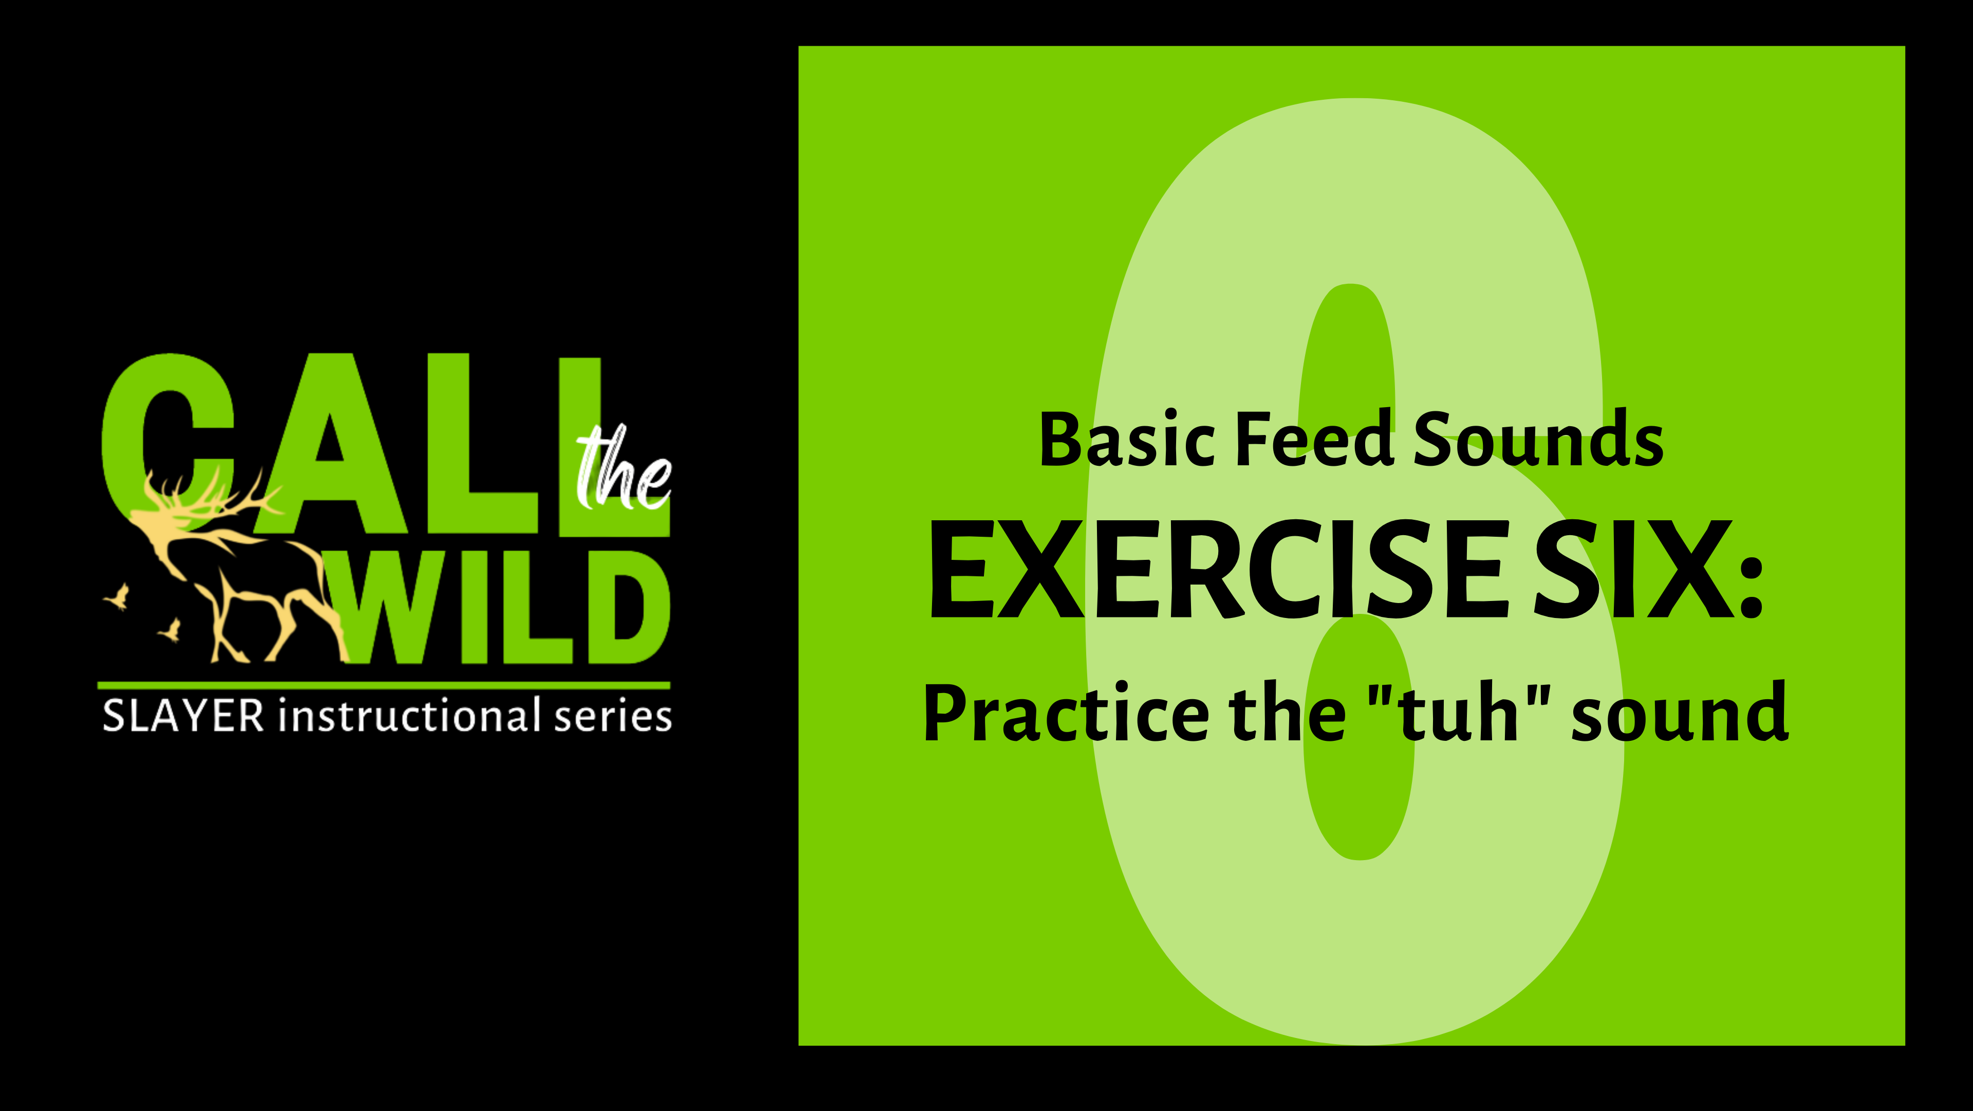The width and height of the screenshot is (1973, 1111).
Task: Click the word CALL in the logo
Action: [345, 444]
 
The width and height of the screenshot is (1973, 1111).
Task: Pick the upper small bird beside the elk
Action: [119, 595]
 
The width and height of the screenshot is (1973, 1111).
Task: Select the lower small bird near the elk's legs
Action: [172, 630]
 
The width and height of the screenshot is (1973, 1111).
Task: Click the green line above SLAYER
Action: [383, 685]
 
